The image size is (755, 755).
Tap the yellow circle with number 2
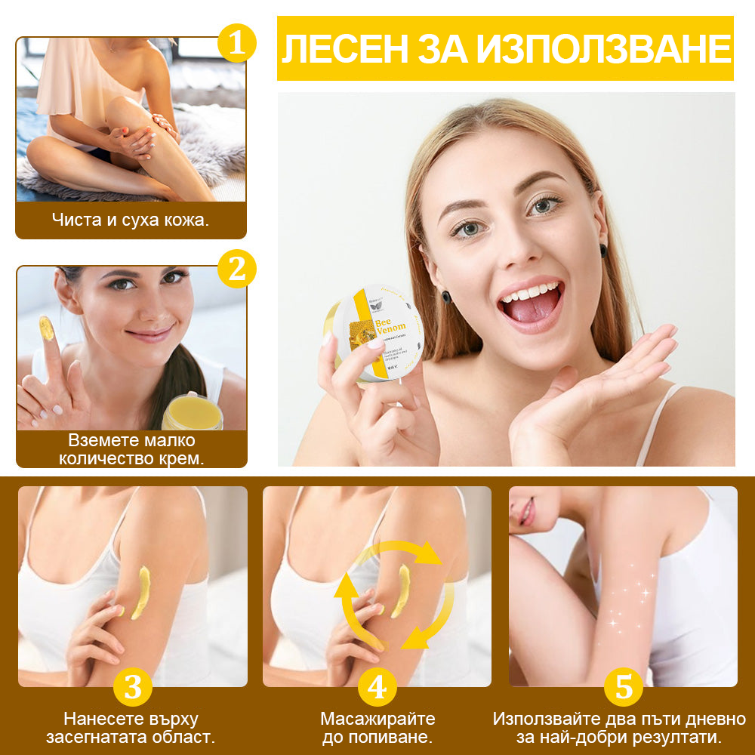[x=237, y=269]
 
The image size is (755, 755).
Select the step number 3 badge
[x=133, y=687]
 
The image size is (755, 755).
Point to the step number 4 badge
[x=377, y=687]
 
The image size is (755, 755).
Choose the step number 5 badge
[x=624, y=687]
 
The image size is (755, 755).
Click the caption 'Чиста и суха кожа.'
[x=131, y=220]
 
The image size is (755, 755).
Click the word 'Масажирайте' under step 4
[x=377, y=718]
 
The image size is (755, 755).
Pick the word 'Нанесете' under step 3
[x=99, y=718]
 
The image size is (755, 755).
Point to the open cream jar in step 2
[x=193, y=412]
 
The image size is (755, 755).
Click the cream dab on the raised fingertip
[x=46, y=328]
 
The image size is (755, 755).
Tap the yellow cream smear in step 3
[x=141, y=591]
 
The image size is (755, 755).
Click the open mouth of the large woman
[x=533, y=302]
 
